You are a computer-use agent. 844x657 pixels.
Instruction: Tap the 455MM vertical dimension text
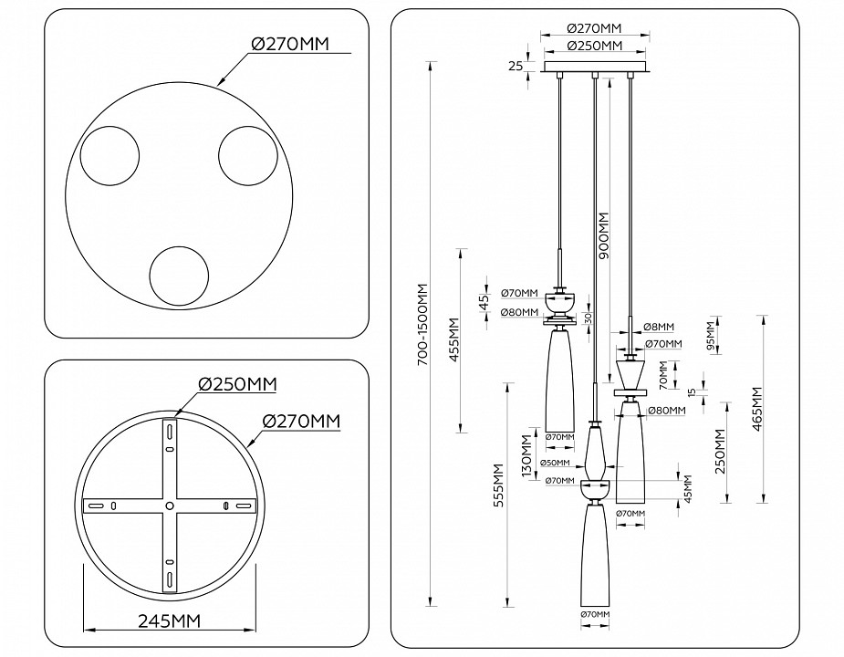(454, 339)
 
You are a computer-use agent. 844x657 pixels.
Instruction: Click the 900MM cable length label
(604, 236)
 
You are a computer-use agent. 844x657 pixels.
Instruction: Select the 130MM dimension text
(526, 454)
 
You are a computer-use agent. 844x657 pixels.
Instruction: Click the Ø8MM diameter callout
(658, 327)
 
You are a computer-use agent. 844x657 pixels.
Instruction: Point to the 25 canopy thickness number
(516, 67)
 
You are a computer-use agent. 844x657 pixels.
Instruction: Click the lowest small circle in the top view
(180, 276)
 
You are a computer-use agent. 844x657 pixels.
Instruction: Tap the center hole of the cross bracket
(169, 505)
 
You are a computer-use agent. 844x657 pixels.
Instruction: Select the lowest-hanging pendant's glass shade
(594, 557)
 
